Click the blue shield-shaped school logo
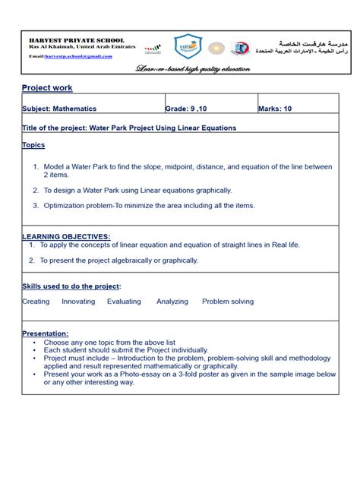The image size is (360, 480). [188, 47]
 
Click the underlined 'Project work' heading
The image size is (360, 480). [47, 88]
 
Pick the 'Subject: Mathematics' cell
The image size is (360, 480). [59, 109]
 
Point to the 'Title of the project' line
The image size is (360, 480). [129, 128]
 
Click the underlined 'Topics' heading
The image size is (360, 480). [33, 144]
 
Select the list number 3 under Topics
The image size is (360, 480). [35, 205]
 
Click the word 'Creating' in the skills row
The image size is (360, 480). [36, 302]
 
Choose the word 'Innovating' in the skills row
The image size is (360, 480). [78, 302]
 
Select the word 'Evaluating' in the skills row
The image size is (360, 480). [124, 302]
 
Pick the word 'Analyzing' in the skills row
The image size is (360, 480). [172, 302]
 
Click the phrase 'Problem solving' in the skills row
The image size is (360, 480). [228, 302]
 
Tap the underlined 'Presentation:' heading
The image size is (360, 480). [46, 333]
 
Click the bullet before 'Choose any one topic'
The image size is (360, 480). [35, 343]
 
